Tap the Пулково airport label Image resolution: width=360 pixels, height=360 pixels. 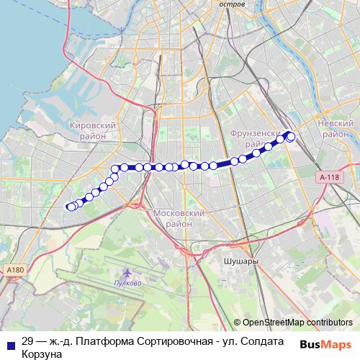[x=128, y=283]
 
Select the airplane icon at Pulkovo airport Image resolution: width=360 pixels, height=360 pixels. [x=128, y=273]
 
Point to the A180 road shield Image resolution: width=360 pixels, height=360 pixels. [x=14, y=269]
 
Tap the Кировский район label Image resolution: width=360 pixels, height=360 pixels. [x=91, y=130]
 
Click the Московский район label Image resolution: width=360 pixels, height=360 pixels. [x=181, y=218]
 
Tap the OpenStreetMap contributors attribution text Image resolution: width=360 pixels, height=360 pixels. [x=297, y=323]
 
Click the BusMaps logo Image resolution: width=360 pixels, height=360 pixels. [x=325, y=344]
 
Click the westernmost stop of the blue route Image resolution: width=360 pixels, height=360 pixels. [x=71, y=207]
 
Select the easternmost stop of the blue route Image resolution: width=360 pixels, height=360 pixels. [x=291, y=138]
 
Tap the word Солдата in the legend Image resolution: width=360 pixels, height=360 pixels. [x=262, y=342]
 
